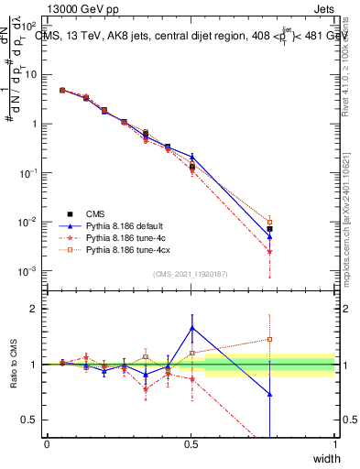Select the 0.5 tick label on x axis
191,443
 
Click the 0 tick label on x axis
47,443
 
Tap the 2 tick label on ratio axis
33,309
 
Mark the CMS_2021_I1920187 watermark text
190,272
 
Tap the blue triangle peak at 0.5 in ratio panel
191,328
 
